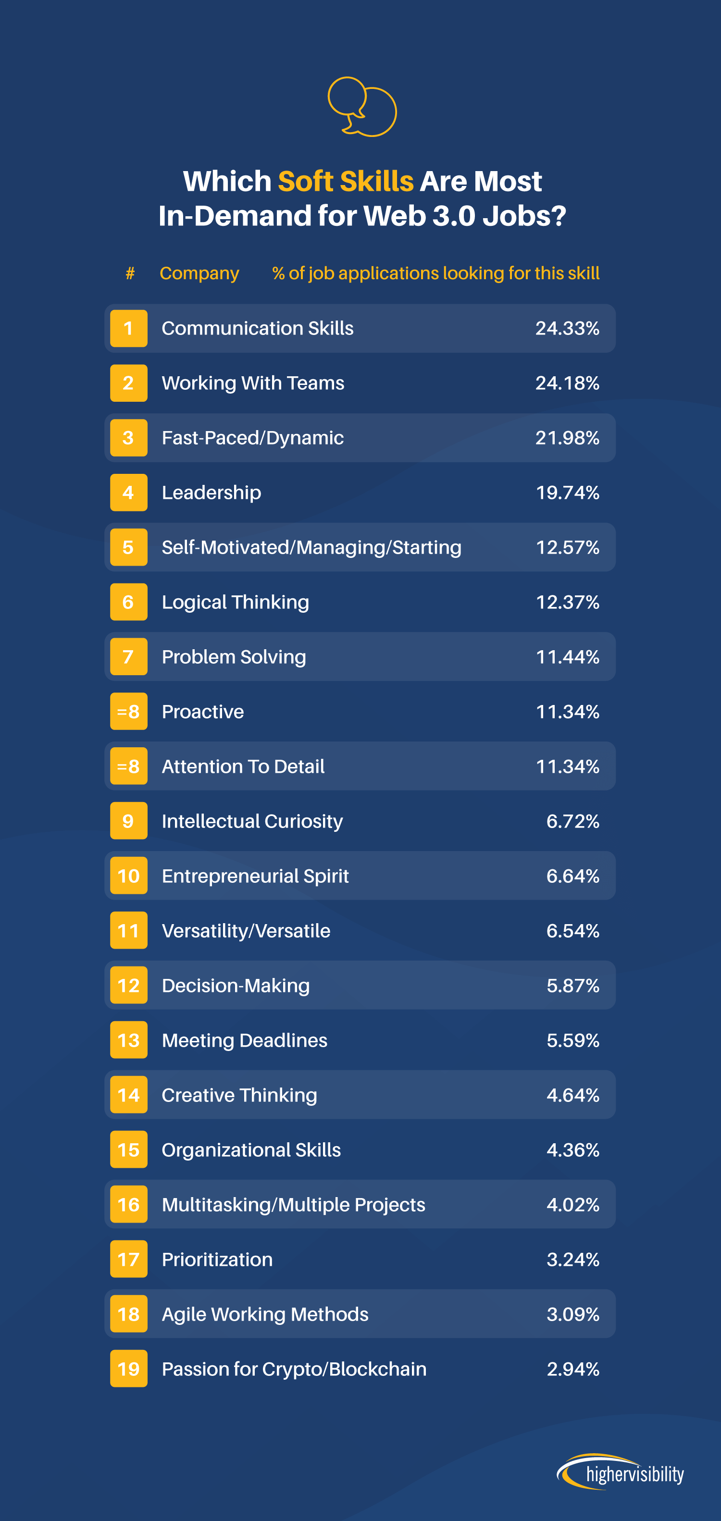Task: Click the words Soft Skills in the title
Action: coord(346,181)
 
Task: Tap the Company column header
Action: coord(199,273)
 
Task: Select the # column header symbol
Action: coord(130,273)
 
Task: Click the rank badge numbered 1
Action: coord(129,328)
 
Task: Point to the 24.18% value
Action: coord(567,383)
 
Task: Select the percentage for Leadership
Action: coord(567,493)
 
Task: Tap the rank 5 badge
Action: coord(129,547)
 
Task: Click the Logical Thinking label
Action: coord(235,602)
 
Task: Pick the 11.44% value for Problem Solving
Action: coord(567,657)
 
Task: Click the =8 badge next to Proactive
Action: coord(129,712)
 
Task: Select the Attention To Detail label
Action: coord(243,767)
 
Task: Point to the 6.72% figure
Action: coord(572,821)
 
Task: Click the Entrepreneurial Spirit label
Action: coord(255,876)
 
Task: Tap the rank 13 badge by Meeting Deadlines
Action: coord(129,1040)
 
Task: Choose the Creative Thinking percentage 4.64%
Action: coord(572,1095)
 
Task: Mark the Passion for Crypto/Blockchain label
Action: coord(294,1369)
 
